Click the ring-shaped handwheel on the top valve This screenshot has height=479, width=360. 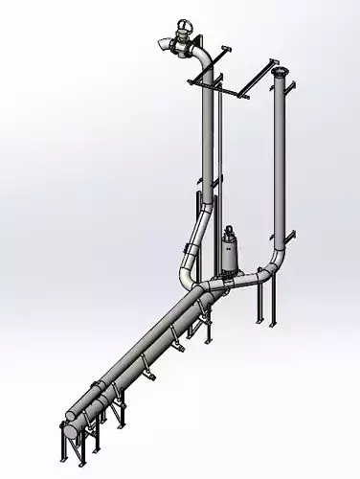182,27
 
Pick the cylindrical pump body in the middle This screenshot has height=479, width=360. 230,257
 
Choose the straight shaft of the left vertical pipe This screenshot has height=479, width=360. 208,134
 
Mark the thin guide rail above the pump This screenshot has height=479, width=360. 222,153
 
